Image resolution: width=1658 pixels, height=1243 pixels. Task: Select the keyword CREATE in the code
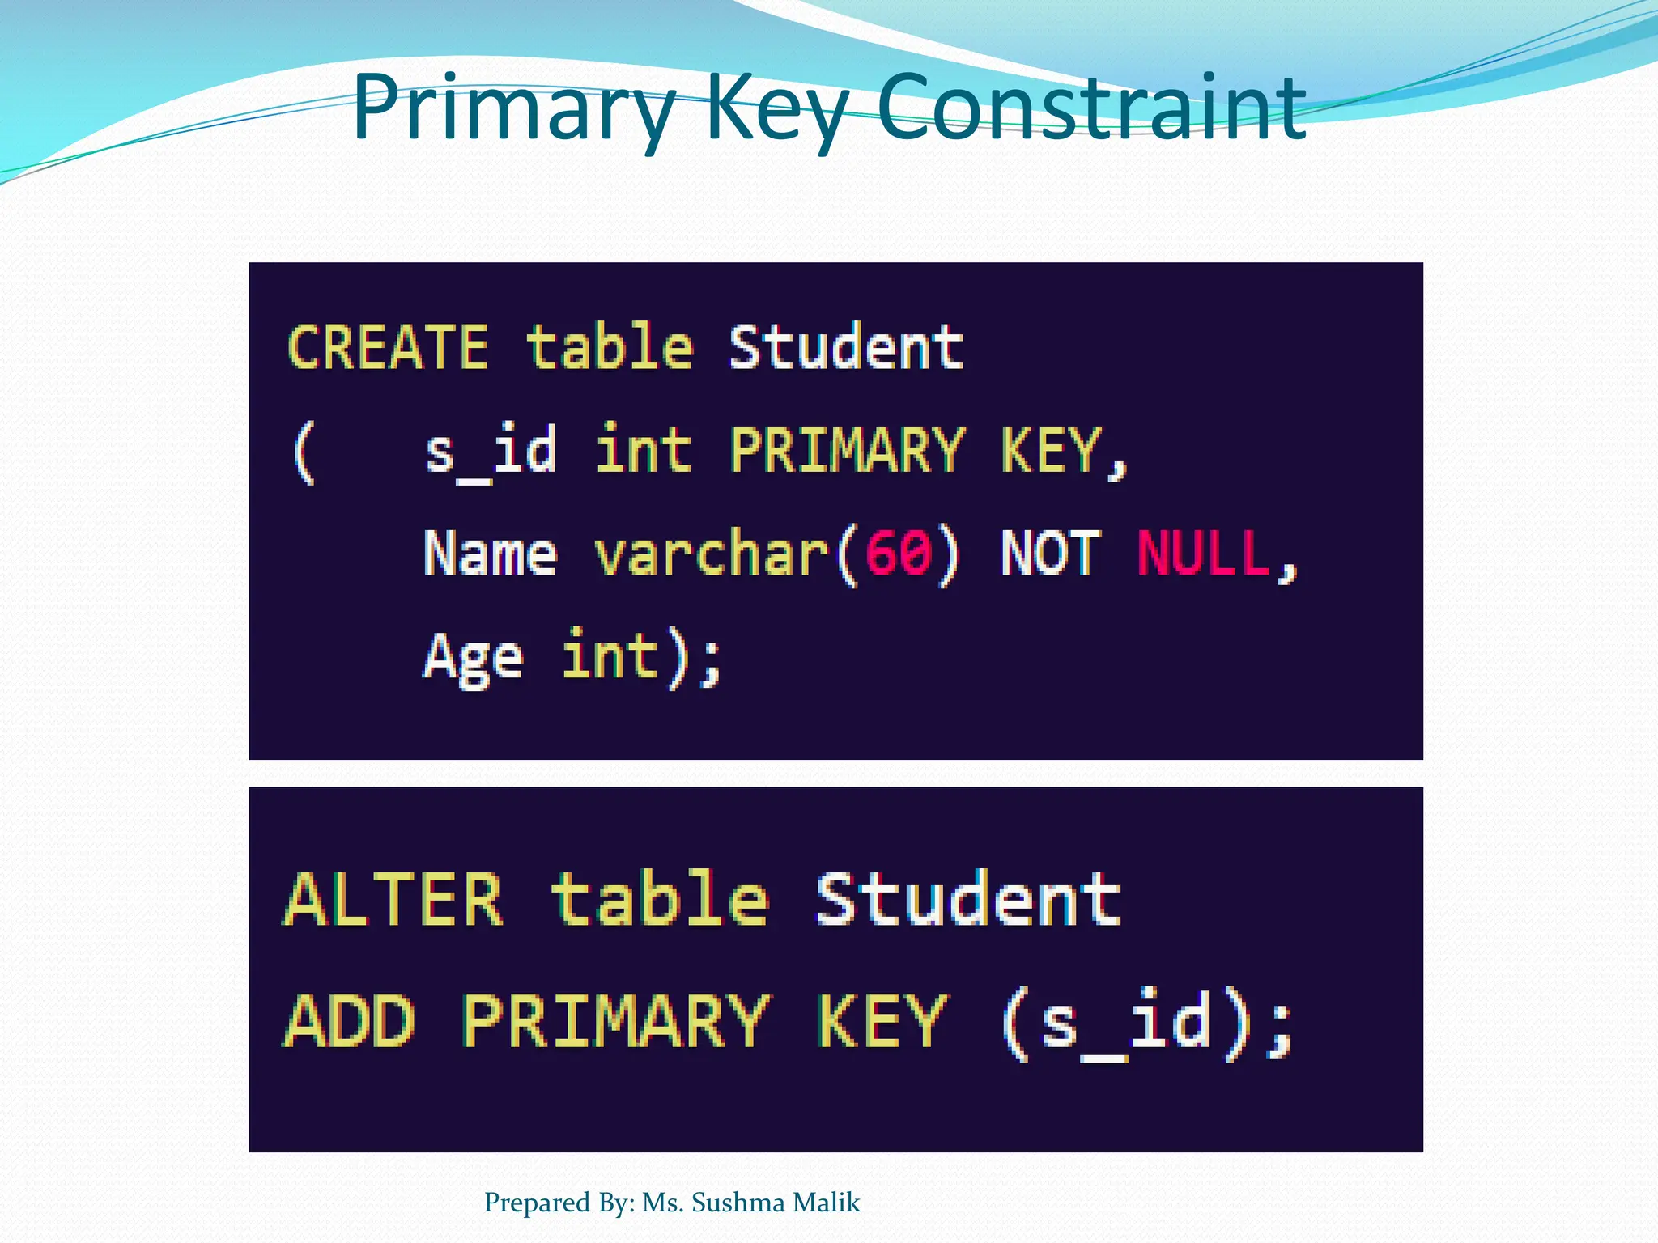click(x=388, y=347)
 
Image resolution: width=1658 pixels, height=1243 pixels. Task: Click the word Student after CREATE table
click(x=846, y=347)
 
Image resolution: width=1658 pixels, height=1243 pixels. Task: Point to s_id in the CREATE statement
click(x=491, y=452)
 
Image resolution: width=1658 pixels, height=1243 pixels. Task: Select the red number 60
click(x=899, y=554)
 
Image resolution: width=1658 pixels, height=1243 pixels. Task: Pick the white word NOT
click(x=1051, y=554)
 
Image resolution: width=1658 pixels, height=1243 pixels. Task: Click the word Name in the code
click(x=491, y=554)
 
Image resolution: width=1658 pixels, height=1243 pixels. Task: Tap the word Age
click(x=474, y=658)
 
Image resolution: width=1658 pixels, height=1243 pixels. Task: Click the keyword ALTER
click(x=393, y=900)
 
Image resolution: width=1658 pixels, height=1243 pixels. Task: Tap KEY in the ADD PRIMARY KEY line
click(x=882, y=1021)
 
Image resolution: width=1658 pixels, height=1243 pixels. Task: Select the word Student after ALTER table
click(x=968, y=900)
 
